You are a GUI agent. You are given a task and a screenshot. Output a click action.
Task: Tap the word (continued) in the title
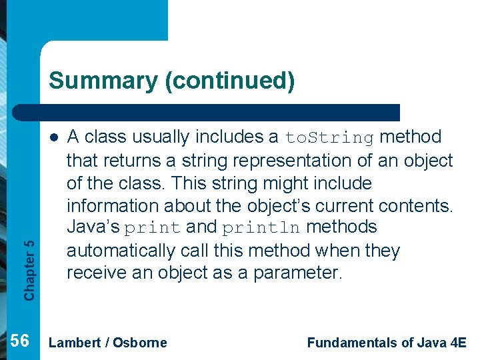229,81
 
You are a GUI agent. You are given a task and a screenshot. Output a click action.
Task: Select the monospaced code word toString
330,138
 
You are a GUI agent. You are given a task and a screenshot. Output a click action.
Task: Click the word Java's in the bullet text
93,227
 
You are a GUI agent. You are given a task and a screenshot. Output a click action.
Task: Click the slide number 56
21,342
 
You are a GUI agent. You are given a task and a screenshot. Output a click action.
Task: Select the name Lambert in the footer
74,343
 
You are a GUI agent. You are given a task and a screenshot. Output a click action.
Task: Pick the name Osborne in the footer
140,343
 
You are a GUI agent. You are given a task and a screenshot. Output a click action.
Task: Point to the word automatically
121,251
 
